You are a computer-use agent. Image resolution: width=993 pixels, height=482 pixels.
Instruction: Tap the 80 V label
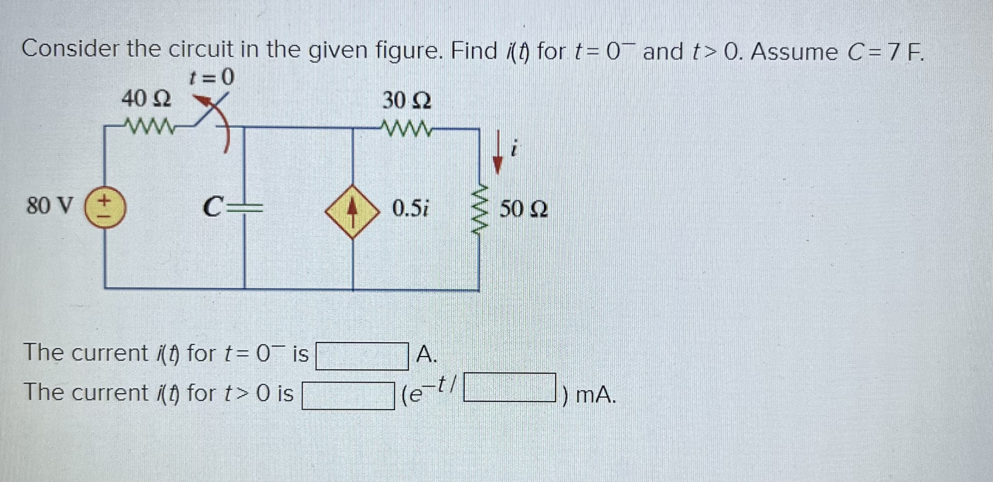pos(49,205)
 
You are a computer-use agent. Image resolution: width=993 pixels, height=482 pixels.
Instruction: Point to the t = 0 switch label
pos(211,78)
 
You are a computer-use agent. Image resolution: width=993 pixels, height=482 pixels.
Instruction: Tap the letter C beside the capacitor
pos(214,207)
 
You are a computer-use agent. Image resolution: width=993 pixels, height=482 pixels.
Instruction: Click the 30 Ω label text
pos(407,101)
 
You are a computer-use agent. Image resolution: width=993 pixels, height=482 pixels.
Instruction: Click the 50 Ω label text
pos(524,210)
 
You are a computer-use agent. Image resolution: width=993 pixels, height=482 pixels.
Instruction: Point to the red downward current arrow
pos(498,152)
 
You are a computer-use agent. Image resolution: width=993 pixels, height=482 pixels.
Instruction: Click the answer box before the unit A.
pos(362,356)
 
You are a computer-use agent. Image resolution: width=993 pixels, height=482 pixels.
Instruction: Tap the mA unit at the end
pos(595,395)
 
